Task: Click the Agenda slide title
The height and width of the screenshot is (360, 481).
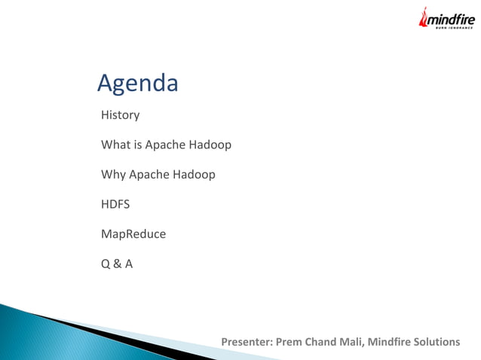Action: click(x=138, y=84)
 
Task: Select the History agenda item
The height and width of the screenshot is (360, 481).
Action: click(x=121, y=115)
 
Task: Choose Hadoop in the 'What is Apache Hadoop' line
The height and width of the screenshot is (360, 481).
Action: click(x=214, y=145)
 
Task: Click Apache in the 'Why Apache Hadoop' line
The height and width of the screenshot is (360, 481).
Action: click(x=149, y=175)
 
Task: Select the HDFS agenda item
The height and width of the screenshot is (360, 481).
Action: click(x=115, y=204)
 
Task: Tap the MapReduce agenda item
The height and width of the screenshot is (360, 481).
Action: click(x=133, y=234)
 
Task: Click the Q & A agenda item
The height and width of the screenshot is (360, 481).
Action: click(x=117, y=264)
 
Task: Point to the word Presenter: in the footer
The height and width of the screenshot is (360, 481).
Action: click(x=247, y=343)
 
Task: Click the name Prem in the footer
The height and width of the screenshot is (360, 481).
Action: click(x=290, y=343)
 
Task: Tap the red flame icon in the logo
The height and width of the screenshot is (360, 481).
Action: click(x=424, y=19)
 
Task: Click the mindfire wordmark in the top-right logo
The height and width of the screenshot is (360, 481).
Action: click(x=452, y=19)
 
